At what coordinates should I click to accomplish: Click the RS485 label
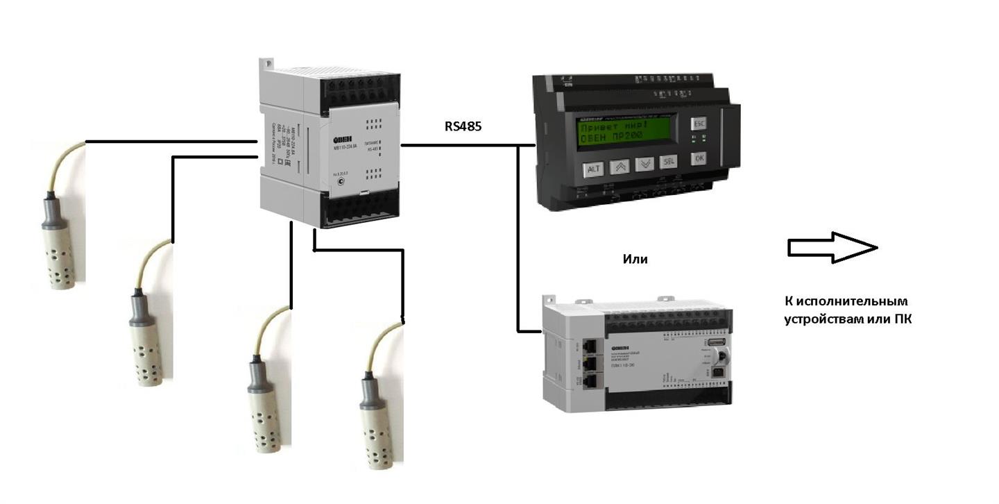click(x=463, y=127)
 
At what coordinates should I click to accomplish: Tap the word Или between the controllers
click(x=635, y=259)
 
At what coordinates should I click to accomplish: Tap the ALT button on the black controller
click(x=594, y=168)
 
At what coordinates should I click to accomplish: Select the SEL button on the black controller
click(x=668, y=164)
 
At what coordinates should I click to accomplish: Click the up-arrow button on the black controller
click(x=619, y=167)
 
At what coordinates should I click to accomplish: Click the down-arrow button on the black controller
click(x=644, y=165)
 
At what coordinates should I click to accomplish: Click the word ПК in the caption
click(x=902, y=319)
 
